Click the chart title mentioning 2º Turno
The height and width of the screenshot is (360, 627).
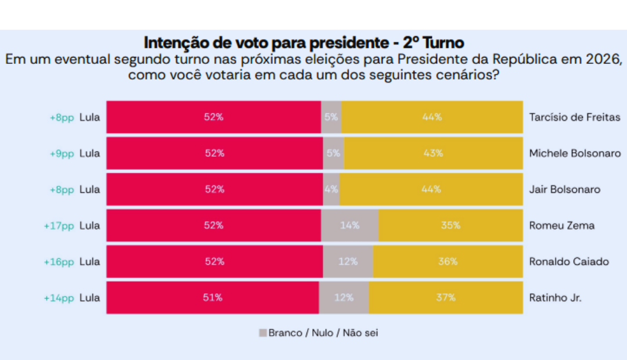click(304, 42)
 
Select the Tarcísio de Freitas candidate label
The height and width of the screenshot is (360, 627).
click(575, 117)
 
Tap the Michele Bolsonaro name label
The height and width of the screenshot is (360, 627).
click(575, 153)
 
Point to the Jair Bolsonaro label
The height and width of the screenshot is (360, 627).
click(564, 189)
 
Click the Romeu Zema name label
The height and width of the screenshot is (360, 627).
click(561, 225)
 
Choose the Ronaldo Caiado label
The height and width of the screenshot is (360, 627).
click(569, 261)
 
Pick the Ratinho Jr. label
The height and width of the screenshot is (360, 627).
click(555, 297)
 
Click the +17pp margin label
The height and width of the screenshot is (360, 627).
click(59, 225)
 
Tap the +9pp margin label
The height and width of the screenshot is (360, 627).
click(62, 153)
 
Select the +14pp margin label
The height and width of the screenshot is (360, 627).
click(59, 297)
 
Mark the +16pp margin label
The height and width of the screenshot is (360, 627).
click(59, 261)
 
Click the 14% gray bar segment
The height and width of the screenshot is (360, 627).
click(349, 225)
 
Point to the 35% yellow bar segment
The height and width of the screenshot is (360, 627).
click(451, 225)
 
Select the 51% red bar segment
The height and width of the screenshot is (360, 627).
click(212, 297)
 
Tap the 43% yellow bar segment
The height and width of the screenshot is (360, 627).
click(433, 153)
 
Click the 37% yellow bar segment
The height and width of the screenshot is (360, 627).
click(445, 297)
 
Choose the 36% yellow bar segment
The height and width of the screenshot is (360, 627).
click(448, 261)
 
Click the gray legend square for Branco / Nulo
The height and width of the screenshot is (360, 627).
click(262, 333)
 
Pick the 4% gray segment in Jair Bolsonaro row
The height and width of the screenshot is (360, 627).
click(331, 189)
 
